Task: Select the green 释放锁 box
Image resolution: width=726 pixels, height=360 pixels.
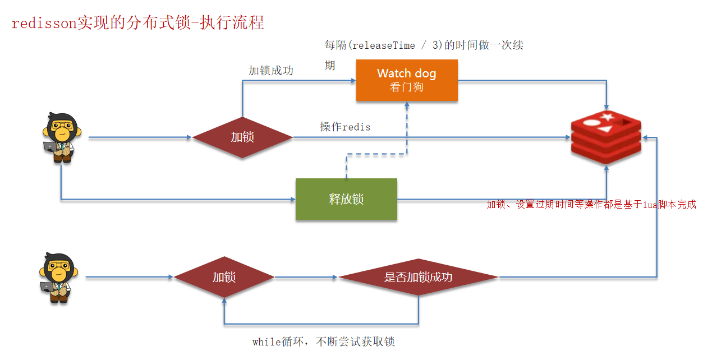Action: coord(346,199)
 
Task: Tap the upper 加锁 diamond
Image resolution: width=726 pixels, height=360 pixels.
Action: coord(242,137)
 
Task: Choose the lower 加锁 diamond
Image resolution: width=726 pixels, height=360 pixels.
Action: coord(224,277)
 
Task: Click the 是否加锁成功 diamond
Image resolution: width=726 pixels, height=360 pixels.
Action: coord(418,277)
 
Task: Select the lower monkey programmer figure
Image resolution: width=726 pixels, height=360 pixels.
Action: coord(57,278)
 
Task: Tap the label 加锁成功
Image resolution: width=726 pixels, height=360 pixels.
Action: coord(271,71)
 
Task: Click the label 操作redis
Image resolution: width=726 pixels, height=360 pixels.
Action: coord(345,127)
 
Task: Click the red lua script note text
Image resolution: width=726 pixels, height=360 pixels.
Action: coord(591,205)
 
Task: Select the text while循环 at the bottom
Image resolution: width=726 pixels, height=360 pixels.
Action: coord(275,342)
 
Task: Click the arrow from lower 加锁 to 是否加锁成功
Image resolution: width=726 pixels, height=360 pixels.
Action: coord(306,277)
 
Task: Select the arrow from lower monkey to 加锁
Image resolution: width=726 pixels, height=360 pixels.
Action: coord(129,277)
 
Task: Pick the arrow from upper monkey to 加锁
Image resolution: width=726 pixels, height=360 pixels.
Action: coord(140,137)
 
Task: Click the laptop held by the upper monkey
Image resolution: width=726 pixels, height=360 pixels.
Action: coord(51,146)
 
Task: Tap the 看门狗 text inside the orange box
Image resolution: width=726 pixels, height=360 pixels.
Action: coord(406,87)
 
